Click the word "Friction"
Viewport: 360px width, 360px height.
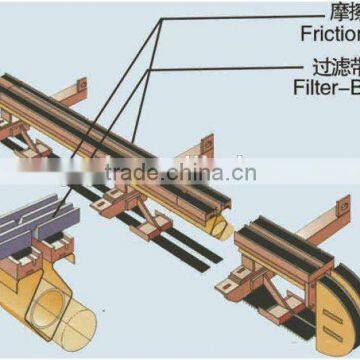click(330, 33)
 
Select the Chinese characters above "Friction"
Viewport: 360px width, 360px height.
click(342, 13)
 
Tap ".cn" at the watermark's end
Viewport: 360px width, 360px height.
click(244, 174)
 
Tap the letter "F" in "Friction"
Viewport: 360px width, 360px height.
click(305, 33)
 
